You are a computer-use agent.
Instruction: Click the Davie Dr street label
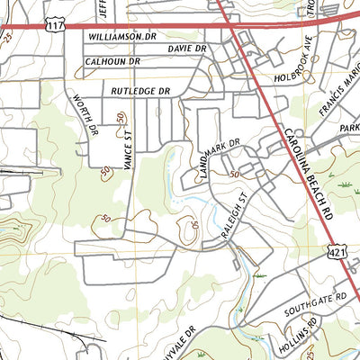[186, 48]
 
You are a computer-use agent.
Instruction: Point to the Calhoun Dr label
[113, 62]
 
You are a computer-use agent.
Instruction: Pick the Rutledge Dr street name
[140, 92]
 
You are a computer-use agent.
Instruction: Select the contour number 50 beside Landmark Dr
[235, 174]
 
